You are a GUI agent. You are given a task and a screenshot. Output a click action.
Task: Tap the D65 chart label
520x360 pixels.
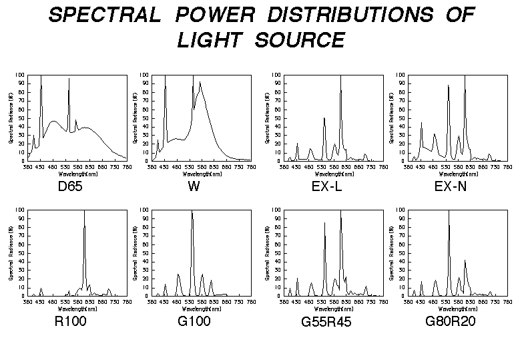(70, 186)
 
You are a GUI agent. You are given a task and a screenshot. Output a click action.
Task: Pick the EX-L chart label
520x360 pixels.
(327, 186)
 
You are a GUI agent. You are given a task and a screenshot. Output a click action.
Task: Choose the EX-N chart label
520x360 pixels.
(451, 186)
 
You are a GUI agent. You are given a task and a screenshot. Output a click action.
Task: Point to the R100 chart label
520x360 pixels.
(70, 322)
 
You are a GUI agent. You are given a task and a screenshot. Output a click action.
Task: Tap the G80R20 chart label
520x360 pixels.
(451, 322)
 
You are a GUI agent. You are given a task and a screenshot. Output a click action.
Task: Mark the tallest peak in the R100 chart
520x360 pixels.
(84, 212)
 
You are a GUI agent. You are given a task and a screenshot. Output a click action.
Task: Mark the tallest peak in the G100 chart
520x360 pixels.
(192, 212)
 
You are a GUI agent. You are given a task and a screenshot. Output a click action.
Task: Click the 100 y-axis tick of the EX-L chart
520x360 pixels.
(276, 75)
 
